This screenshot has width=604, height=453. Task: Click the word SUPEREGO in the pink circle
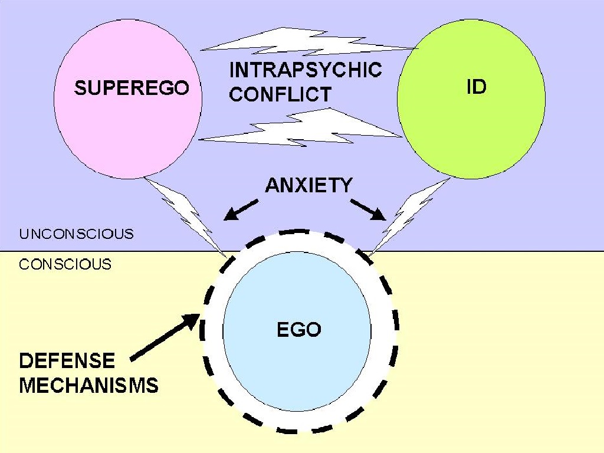coord(132,87)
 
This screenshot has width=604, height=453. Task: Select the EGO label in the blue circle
coord(299,329)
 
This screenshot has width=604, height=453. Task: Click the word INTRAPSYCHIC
coord(306,70)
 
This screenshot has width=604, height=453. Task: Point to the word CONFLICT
coord(280,94)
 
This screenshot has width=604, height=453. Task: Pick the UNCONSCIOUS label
coord(76,234)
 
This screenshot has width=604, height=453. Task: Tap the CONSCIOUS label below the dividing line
coord(65,264)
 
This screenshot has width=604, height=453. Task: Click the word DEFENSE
coord(67,361)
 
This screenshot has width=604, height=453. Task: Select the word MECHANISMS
coord(88,385)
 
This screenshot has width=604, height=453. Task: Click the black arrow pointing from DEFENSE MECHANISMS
coord(165,337)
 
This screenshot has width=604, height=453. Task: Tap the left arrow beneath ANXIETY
coord(241,210)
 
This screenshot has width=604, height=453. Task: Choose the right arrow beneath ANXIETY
coord(368,210)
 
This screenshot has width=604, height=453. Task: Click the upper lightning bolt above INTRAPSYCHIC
coord(308,42)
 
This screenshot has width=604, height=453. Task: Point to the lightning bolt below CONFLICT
coord(300,128)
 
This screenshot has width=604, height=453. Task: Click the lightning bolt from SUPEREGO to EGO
coord(185,216)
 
